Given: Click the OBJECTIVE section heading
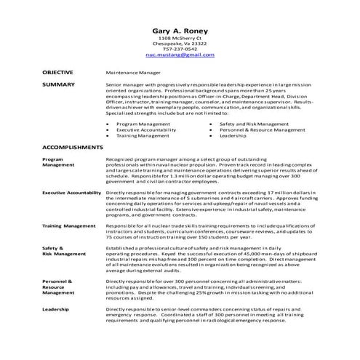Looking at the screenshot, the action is (x=57, y=73).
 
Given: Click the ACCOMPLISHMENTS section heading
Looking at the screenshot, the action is (x=72, y=147).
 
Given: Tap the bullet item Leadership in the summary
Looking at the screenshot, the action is (x=233, y=136).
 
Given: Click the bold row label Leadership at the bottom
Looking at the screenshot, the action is (x=56, y=310).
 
